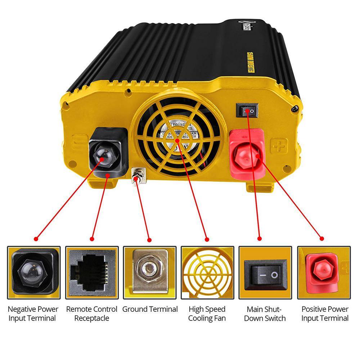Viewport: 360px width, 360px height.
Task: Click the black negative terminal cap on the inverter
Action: coord(107,153)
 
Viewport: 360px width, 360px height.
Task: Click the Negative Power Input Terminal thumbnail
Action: coord(33,273)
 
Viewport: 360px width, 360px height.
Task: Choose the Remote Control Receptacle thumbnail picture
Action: coord(92,273)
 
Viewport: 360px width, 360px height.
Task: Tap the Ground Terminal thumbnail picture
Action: coord(150,273)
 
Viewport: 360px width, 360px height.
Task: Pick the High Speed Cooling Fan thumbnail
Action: coord(207,273)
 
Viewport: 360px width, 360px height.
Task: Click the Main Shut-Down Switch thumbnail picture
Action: coord(265,273)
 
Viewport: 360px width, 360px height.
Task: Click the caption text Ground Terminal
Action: coord(150,309)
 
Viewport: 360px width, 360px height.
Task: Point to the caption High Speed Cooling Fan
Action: coord(207,314)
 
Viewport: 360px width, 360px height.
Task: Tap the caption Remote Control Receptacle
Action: coord(92,314)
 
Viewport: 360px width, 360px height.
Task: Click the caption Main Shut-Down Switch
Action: coord(265,314)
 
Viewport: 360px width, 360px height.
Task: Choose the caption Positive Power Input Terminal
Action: coord(325,314)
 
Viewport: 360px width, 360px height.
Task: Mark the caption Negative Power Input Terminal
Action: coord(33,314)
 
